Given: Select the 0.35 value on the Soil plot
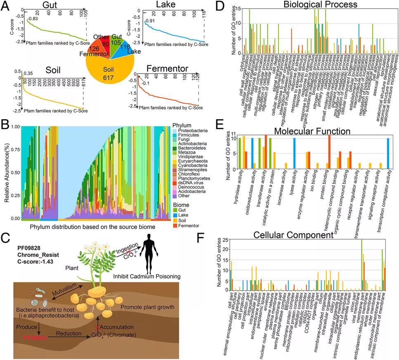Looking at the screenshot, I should coord(28,74).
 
